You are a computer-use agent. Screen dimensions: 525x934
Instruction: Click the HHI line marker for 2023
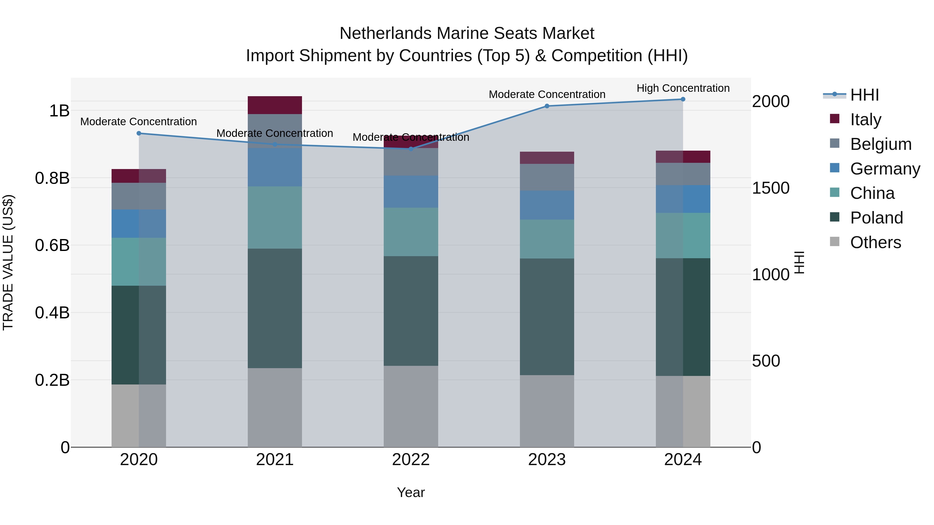(x=547, y=106)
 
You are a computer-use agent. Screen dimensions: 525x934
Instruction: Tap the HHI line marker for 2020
(x=139, y=133)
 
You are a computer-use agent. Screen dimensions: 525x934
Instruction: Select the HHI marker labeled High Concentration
(x=683, y=99)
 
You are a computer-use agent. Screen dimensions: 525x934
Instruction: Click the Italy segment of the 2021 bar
(x=274, y=105)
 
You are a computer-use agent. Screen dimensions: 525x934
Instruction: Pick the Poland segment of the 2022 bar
(x=411, y=311)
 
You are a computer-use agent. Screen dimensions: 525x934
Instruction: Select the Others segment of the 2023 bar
(x=547, y=411)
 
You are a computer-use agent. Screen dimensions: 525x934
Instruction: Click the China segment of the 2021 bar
(x=274, y=218)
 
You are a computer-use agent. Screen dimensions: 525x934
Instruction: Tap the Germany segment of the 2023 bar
(x=547, y=205)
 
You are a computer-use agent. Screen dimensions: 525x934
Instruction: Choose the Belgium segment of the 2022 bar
(x=411, y=162)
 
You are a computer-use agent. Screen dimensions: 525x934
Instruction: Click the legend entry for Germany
(x=885, y=169)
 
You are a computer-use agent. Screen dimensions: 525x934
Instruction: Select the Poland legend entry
(x=876, y=218)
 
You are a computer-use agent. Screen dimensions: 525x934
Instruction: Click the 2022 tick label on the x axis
(x=411, y=460)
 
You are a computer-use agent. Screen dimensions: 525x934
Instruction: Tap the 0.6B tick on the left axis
(x=52, y=245)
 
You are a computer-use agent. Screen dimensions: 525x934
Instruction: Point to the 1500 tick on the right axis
(x=771, y=188)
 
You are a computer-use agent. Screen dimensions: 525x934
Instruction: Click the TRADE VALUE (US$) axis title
(x=8, y=262)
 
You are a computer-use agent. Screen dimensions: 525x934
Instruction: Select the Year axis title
(x=411, y=492)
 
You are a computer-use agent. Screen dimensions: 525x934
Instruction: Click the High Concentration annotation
(x=683, y=88)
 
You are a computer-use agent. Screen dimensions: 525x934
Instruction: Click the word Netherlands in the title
(x=386, y=33)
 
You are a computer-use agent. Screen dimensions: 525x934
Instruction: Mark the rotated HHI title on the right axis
(x=799, y=262)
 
